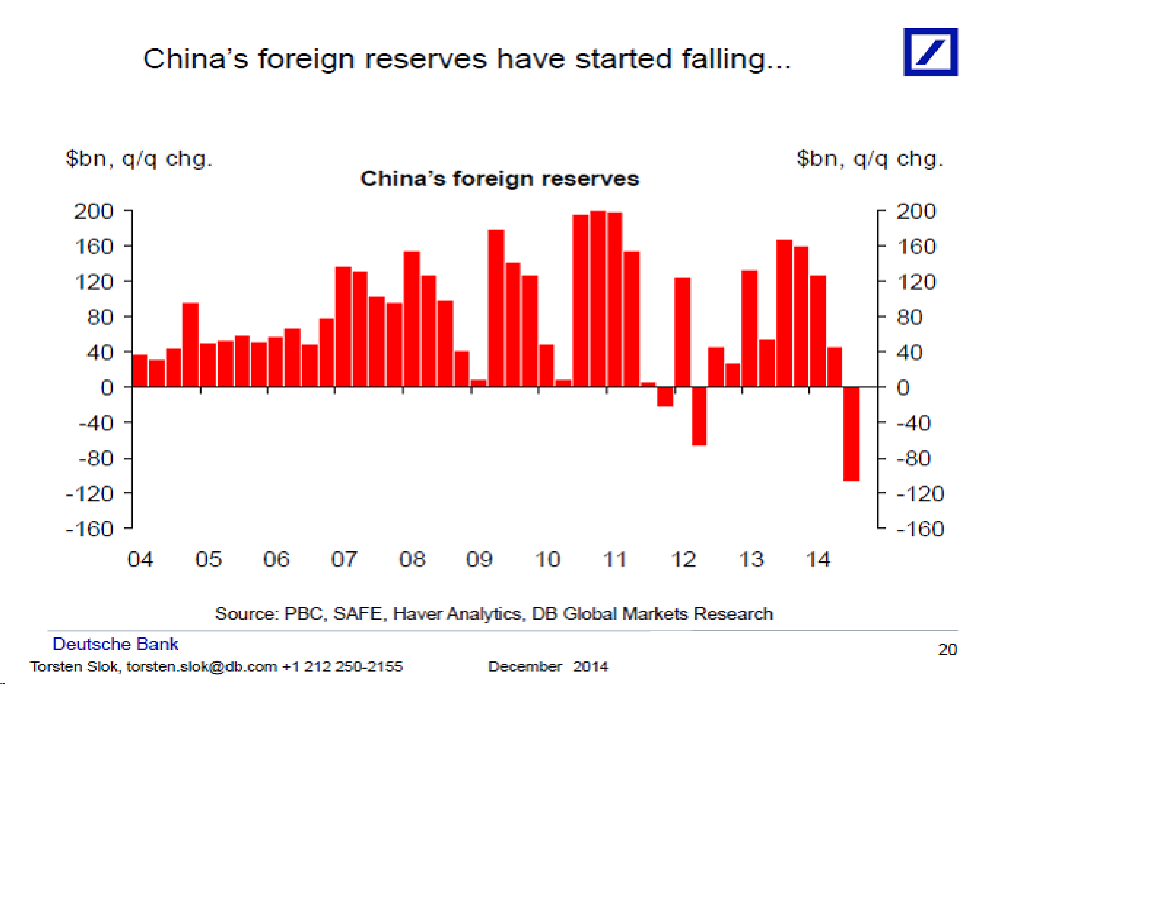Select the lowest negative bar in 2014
pos(851,433)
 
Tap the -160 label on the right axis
pos(920,529)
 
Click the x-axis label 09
pos(479,559)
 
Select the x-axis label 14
pos(818,559)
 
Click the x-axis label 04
pos(140,559)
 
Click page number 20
pos(947,649)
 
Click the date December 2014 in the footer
pos(548,666)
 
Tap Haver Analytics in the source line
pos(457,613)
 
